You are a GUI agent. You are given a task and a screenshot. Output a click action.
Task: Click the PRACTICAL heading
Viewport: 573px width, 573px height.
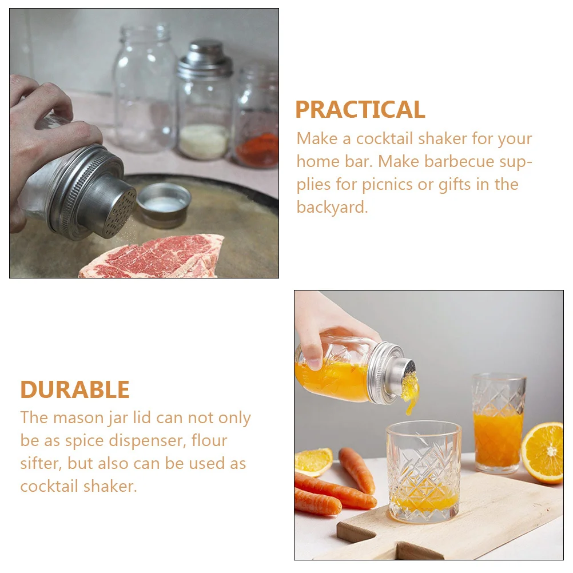tap(360, 109)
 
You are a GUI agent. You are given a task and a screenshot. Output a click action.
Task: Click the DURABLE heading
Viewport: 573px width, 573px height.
tap(75, 389)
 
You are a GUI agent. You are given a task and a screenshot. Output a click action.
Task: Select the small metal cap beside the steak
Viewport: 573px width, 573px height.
tap(164, 202)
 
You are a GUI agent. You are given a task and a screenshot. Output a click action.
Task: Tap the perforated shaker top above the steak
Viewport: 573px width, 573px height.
tap(117, 212)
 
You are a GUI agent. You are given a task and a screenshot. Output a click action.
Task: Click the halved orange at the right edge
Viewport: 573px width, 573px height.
tap(543, 452)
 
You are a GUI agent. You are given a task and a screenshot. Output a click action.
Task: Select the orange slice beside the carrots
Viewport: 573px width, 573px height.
tap(313, 461)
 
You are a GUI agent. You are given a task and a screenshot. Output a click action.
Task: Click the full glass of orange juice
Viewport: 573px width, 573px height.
tap(498, 423)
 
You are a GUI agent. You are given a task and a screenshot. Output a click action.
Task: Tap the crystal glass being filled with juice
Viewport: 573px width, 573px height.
tap(423, 472)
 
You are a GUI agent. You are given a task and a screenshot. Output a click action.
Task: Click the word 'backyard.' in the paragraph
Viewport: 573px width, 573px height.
tap(332, 207)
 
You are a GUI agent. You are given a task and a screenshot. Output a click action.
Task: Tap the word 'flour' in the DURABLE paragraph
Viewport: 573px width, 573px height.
tap(209, 440)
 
